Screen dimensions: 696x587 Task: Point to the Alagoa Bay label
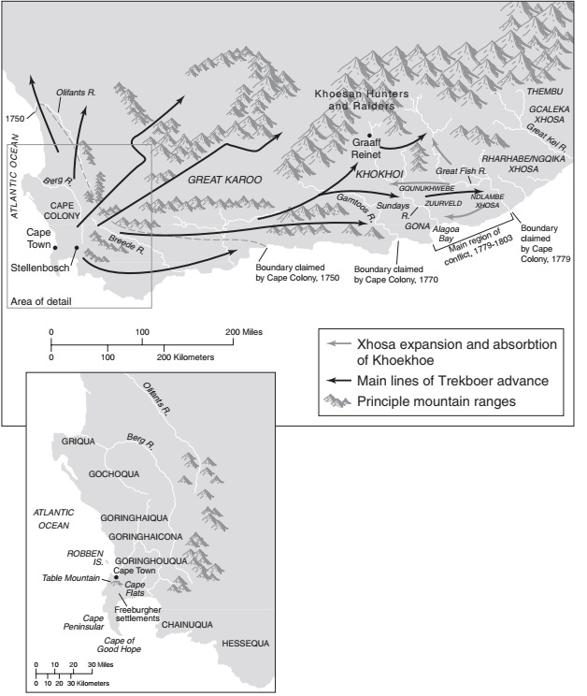click(x=426, y=232)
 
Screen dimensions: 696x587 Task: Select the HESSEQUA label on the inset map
click(x=245, y=645)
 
